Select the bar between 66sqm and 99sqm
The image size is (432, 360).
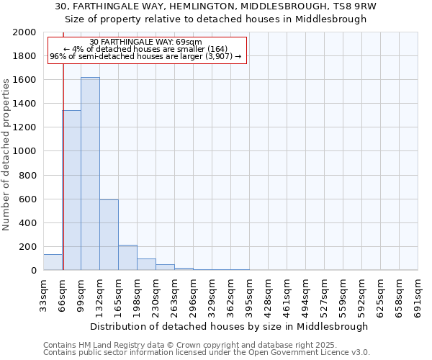71,190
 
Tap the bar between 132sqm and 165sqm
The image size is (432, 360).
109,235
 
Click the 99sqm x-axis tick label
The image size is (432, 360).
81,293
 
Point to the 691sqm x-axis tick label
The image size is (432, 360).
418,293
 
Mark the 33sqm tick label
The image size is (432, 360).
44,293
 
